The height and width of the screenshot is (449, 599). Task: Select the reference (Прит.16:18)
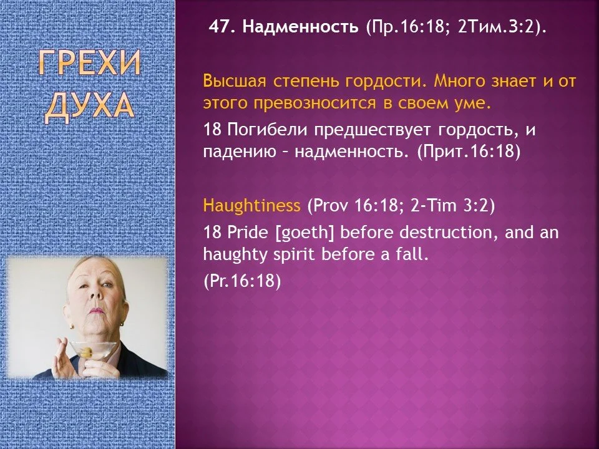point(469,152)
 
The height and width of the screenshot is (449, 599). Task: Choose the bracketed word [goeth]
point(305,233)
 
